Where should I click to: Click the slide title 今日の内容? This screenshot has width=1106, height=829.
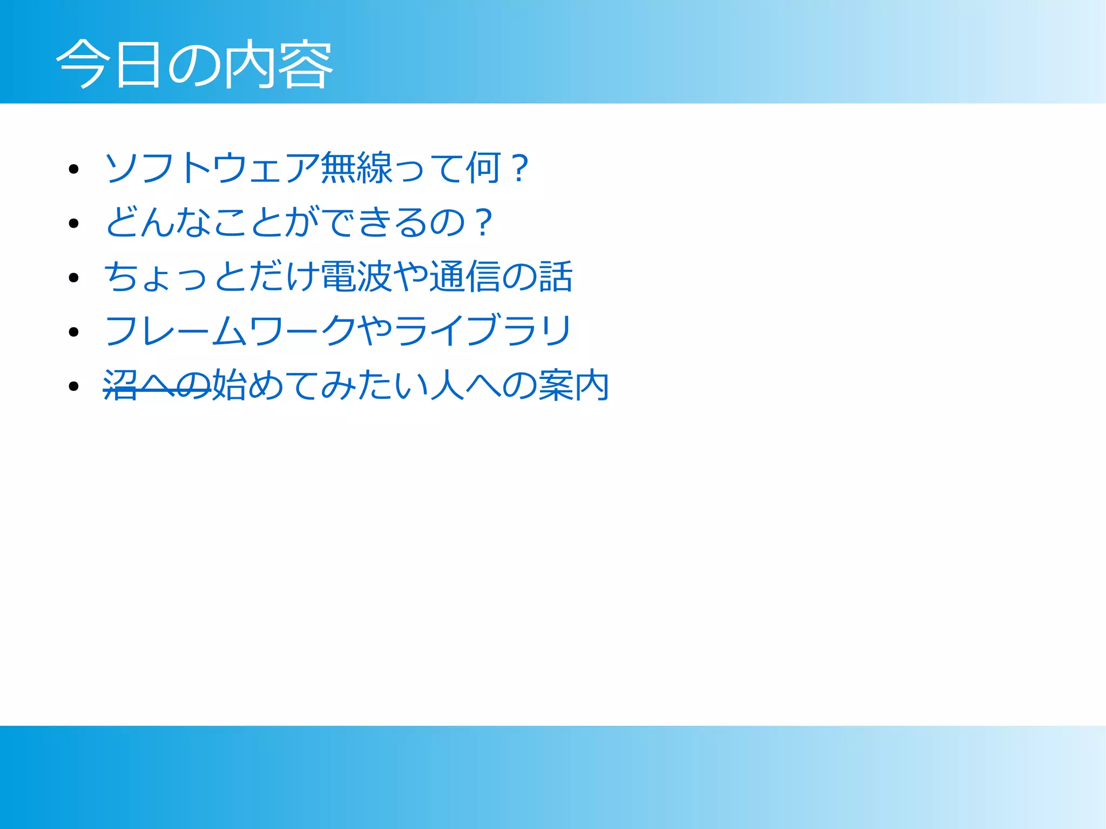coord(194,64)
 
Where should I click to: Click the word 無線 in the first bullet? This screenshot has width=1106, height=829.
coord(356,168)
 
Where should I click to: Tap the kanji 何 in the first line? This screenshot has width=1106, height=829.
coord(484,168)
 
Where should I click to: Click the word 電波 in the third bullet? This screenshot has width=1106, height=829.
coord(356,276)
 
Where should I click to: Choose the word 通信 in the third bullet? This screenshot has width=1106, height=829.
coord(465,276)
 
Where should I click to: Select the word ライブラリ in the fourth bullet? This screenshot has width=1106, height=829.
coord(483,330)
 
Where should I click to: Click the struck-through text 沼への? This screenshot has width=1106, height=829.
coord(157,385)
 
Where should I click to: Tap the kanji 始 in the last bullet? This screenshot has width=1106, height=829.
coord(230,385)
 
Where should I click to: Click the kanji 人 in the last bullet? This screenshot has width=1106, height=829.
coord(447,385)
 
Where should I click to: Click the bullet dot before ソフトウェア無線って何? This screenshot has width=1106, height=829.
coord(74,169)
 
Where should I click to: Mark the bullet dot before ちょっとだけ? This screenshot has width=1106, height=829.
coord(74,278)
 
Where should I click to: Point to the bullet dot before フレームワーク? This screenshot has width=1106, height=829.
coord(74,332)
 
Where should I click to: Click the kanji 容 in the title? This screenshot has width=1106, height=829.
coord(306,64)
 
